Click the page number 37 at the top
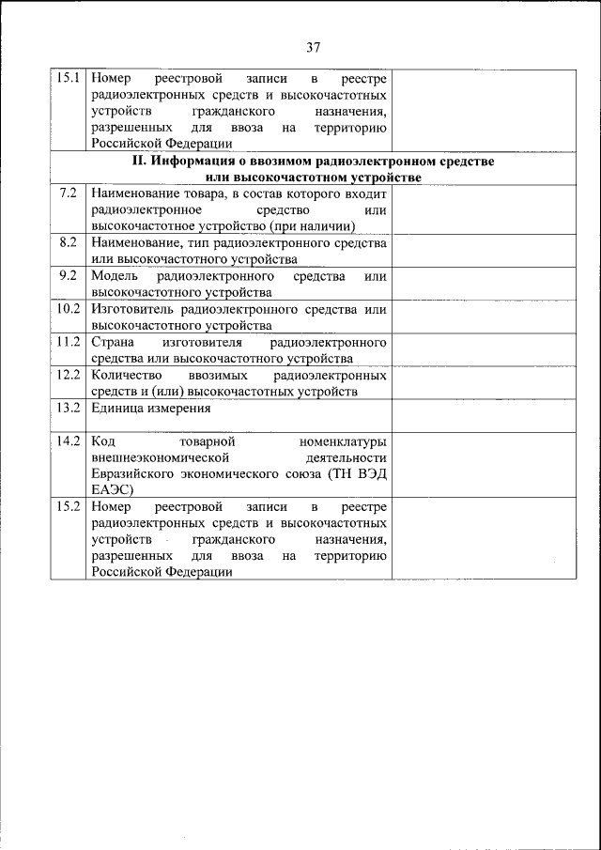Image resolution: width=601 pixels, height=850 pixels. [314, 48]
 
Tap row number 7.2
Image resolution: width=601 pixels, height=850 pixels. [68, 193]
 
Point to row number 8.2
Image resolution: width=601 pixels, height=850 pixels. [68, 242]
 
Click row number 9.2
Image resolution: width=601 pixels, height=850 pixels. [68, 276]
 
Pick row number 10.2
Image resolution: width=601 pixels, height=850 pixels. [68, 309]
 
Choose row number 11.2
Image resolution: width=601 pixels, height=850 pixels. [68, 342]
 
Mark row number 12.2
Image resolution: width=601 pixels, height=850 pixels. [68, 375]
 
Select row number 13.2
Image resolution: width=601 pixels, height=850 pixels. [68, 409]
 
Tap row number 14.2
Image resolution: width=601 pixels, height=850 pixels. [68, 440]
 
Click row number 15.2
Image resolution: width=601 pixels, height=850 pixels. [68, 507]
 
